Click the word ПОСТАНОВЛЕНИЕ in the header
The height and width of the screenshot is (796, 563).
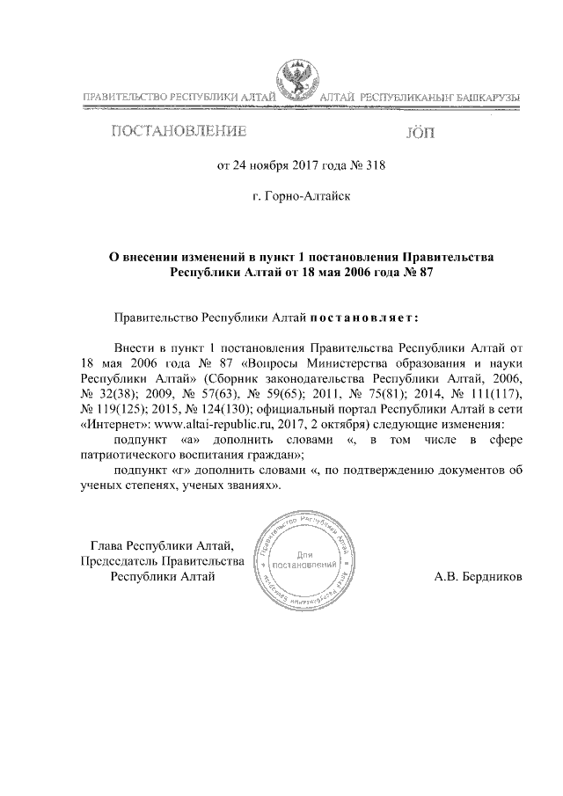(x=177, y=133)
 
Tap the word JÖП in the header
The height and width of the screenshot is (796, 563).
(x=420, y=134)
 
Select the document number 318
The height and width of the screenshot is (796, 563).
(x=376, y=164)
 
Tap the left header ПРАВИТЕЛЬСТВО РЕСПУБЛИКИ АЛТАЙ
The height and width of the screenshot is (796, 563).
(x=179, y=96)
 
